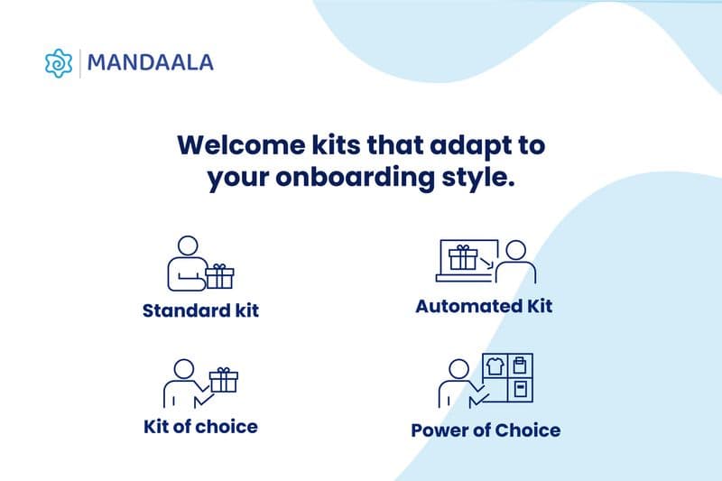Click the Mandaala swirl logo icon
[58, 62]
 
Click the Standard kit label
[200, 310]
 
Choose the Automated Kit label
[484, 306]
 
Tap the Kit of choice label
[200, 426]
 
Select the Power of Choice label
[486, 430]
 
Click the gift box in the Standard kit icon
[219, 276]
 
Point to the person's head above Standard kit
[187, 245]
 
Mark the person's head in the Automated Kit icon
[516, 250]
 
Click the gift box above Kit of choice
[223, 379]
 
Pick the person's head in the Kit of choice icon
[183, 369]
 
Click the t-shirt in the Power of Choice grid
[494, 366]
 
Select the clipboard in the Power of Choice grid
[520, 365]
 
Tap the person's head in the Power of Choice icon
[458, 369]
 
